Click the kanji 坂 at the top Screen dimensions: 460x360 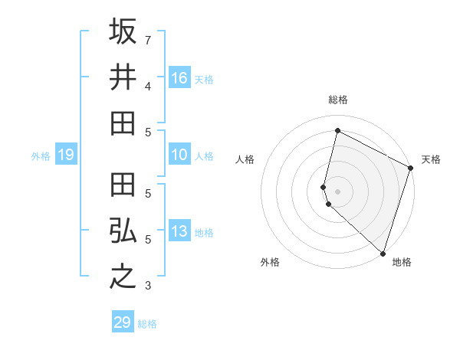click(x=123, y=32)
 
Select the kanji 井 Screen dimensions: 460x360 click(x=123, y=77)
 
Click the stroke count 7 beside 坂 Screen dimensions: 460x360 click(x=148, y=40)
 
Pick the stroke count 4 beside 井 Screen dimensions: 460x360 click(x=148, y=86)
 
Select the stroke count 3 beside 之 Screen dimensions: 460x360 click(x=148, y=286)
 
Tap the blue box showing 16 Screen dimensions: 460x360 click(x=179, y=78)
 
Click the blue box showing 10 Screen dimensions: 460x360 click(x=179, y=155)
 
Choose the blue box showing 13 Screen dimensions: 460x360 click(x=179, y=232)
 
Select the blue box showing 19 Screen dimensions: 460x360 click(x=65, y=155)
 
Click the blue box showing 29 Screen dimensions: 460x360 click(x=122, y=322)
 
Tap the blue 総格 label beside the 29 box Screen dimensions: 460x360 click(x=147, y=324)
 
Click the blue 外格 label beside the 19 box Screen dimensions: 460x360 click(x=41, y=156)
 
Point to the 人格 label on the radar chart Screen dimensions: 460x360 click(x=245, y=159)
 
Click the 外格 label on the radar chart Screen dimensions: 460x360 click(x=269, y=262)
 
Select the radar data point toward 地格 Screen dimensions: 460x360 click(x=383, y=253)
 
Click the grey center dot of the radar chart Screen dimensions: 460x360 click(x=337, y=191)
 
